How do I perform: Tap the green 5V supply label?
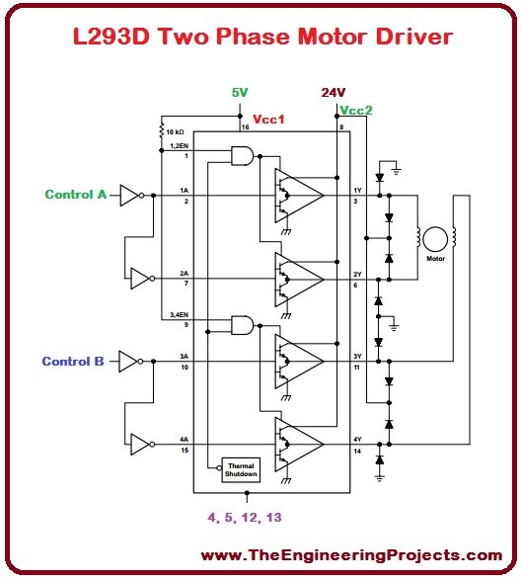tap(240, 93)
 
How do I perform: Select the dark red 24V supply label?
tap(334, 93)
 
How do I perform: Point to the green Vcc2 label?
tap(355, 111)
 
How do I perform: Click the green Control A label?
tap(75, 195)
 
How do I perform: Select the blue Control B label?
tap(72, 362)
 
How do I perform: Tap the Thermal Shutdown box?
tap(242, 469)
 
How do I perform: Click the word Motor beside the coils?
tap(435, 259)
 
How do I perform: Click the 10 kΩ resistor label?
tap(178, 130)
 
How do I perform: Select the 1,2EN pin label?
tap(179, 146)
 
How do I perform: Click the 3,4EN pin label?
tap(179, 314)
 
